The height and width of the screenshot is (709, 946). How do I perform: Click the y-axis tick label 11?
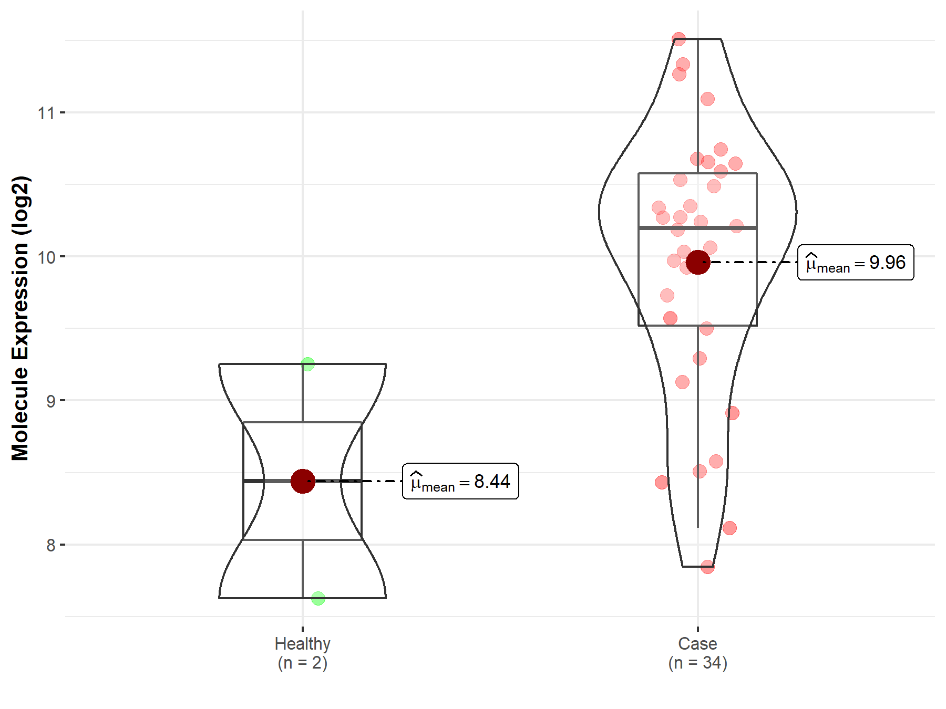coord(46,112)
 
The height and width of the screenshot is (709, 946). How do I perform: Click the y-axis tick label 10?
coord(46,257)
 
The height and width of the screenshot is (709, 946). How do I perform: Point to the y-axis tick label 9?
coord(50,401)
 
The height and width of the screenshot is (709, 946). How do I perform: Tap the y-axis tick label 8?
coord(50,545)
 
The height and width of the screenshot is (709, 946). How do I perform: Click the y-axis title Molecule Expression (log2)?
coord(20,318)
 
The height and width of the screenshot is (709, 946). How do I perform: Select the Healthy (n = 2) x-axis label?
coord(303,653)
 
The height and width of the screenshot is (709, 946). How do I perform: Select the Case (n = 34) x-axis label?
coord(698,653)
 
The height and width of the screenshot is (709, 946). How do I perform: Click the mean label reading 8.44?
coord(460,481)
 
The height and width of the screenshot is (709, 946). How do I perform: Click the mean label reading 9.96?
coord(856,262)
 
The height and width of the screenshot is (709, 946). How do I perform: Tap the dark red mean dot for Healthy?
coord(303,481)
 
